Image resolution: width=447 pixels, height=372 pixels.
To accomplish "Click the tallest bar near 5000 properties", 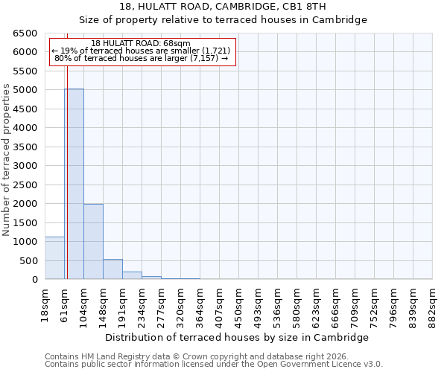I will tap(74, 184).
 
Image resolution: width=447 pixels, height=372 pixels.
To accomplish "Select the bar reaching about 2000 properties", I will tap(93, 241).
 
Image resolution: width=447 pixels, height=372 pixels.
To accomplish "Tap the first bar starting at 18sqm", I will tap(54, 258).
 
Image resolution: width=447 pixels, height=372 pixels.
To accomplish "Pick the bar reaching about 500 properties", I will tap(112, 269).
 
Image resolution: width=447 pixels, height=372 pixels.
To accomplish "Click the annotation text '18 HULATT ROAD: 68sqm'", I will tap(142, 43).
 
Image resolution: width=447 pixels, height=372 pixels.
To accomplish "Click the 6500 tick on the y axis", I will tap(25, 33).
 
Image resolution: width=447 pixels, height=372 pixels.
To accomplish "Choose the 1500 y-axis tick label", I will tap(25, 222).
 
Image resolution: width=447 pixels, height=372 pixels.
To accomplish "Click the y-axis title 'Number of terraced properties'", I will tap(7, 160).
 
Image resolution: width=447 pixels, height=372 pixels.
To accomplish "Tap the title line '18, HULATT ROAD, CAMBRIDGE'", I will tap(223, 7).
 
